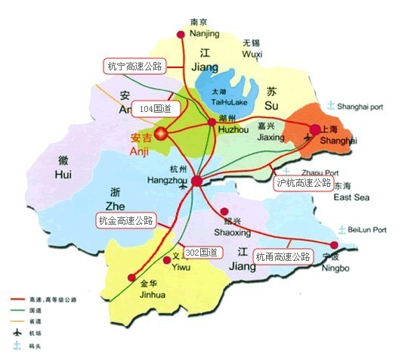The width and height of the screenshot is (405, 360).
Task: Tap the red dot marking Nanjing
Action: (x=180, y=35)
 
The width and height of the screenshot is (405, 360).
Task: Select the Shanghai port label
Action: (x=363, y=106)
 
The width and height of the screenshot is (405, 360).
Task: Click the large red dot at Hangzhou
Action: (x=196, y=182)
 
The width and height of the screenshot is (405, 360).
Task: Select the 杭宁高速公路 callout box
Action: (x=134, y=66)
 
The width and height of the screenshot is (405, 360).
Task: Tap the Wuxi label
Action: (x=251, y=54)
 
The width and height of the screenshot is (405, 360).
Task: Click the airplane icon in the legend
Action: (x=15, y=333)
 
